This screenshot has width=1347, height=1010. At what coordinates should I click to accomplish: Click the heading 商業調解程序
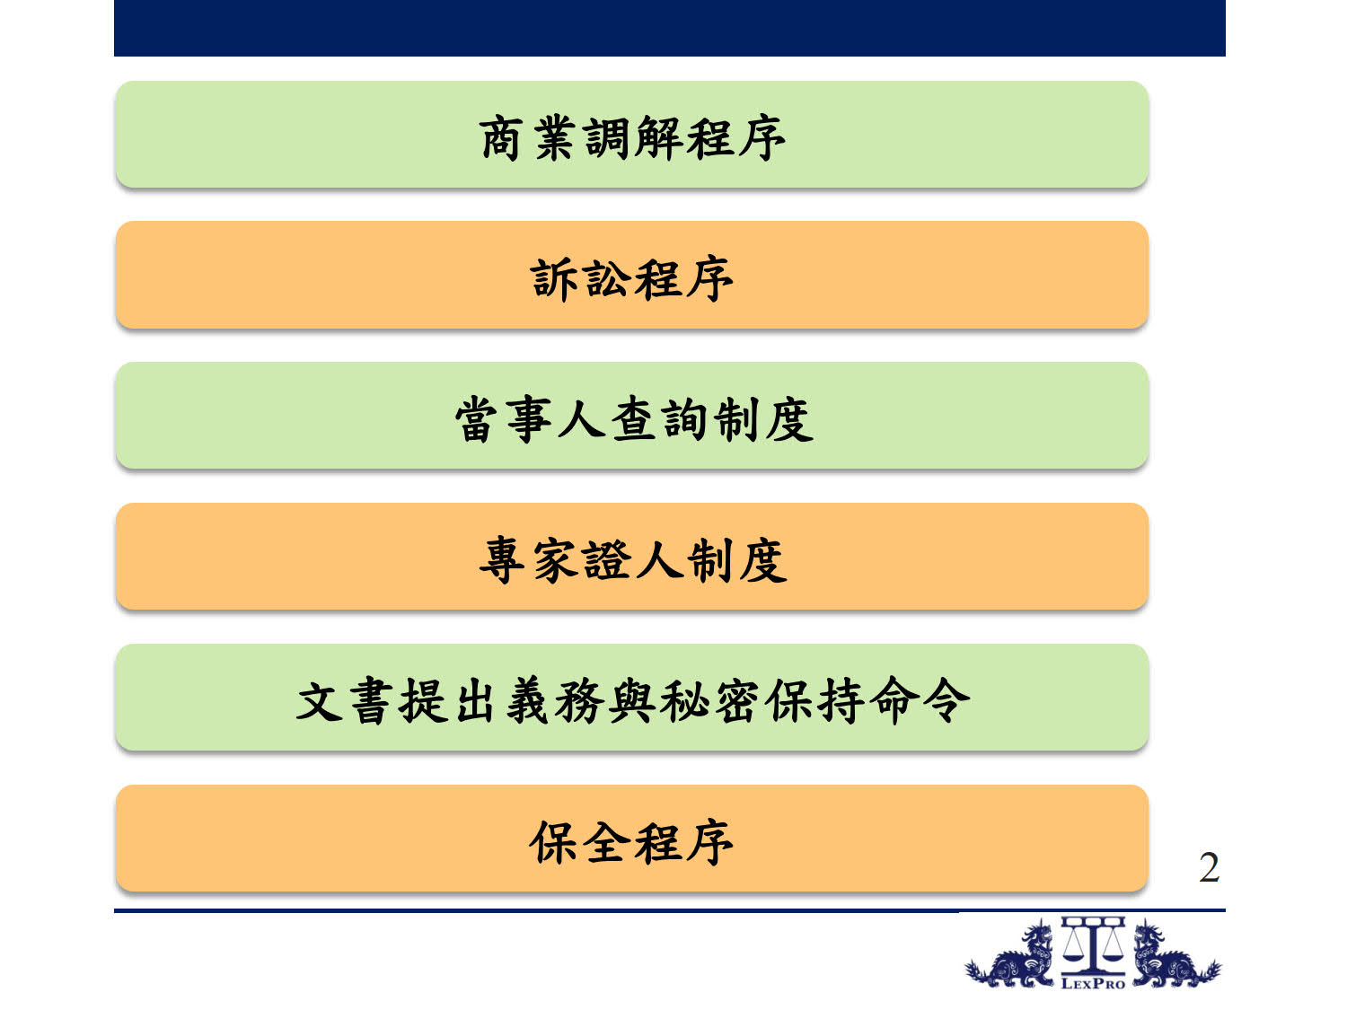click(x=632, y=138)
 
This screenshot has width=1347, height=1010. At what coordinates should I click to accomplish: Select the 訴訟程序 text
click(x=631, y=279)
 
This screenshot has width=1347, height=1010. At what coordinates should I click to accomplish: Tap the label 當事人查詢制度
click(x=635, y=419)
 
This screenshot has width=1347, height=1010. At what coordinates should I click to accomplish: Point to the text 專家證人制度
click(x=633, y=560)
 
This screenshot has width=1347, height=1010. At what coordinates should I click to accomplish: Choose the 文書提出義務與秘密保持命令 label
click(x=633, y=700)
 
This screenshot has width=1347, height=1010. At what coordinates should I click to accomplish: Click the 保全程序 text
click(x=631, y=842)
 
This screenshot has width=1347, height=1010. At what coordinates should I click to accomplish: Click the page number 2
click(x=1209, y=868)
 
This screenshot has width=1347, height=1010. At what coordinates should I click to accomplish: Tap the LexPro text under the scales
click(x=1093, y=984)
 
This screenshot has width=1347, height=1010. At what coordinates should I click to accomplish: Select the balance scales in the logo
click(x=1093, y=945)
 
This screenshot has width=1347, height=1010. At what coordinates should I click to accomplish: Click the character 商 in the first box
click(x=502, y=138)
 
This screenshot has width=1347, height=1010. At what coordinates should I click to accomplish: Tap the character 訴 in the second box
click(x=553, y=279)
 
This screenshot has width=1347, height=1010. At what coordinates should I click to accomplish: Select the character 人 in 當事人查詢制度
click(x=582, y=419)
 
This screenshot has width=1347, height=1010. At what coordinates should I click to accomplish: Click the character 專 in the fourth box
click(x=503, y=560)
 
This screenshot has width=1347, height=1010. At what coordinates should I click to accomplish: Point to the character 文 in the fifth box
click(x=319, y=700)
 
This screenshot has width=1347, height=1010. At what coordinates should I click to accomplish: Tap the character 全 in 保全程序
click(x=605, y=842)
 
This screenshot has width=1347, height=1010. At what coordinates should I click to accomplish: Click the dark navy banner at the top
click(x=670, y=28)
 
